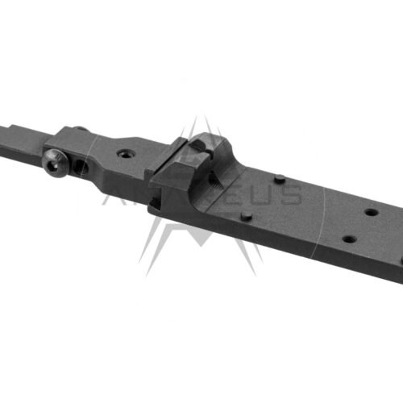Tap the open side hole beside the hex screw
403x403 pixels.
pos(81,168)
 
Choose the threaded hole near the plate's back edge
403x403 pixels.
pos(370,213)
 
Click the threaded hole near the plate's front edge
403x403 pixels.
pos(348,239)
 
